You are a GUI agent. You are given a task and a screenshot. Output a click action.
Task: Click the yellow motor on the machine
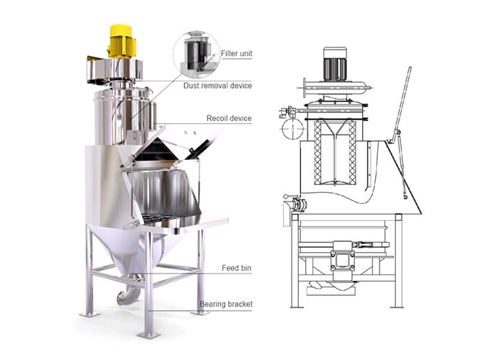[122, 41]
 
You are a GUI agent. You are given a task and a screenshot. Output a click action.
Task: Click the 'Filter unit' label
[237, 53]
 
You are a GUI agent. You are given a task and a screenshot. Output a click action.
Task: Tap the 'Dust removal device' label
[217, 86]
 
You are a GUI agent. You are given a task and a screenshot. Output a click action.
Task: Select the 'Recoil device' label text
[229, 118]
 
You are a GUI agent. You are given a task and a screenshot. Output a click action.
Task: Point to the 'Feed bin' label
[237, 268]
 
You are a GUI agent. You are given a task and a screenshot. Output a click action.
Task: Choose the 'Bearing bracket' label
[226, 304]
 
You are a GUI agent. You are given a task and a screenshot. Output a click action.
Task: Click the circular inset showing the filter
[197, 54]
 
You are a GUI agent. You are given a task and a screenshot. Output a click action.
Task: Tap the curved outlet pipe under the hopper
[129, 292]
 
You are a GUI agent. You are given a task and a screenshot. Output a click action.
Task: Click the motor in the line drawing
[335, 64]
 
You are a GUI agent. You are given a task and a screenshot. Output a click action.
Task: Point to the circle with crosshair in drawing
[292, 128]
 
